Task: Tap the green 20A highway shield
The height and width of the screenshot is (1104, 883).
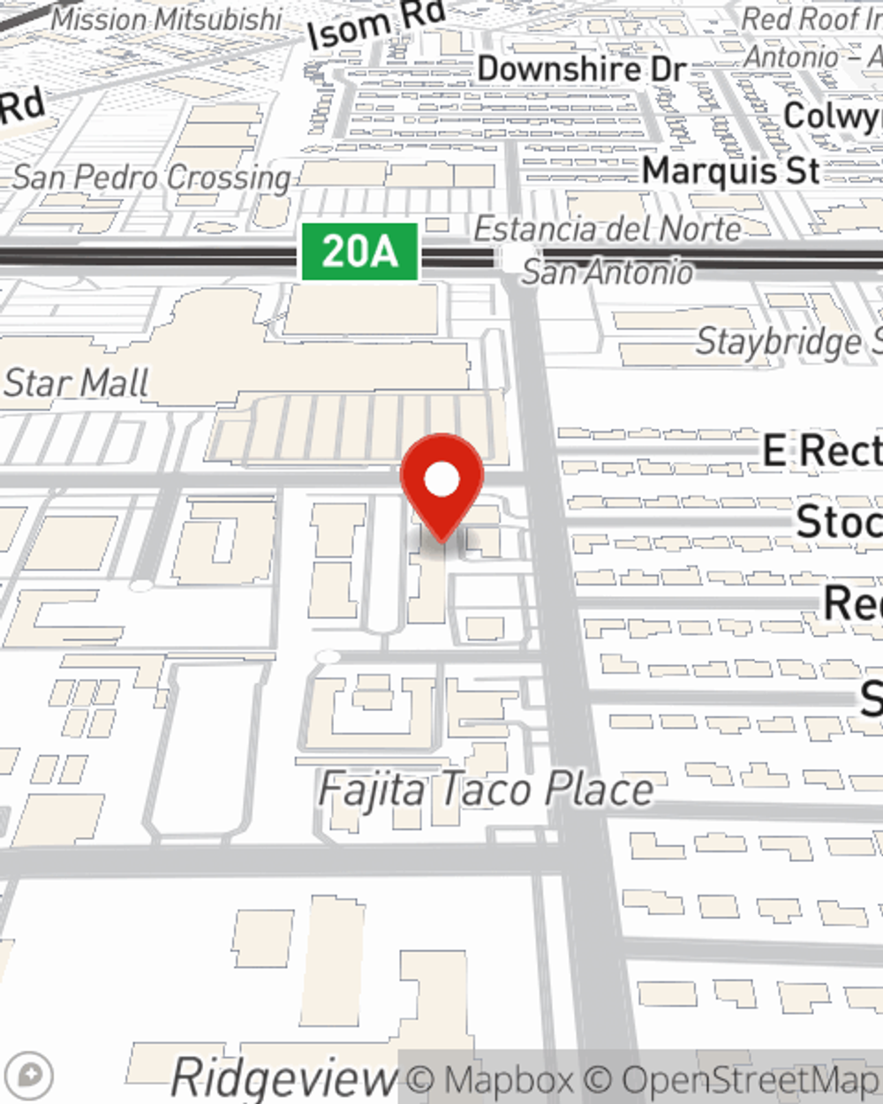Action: click(359, 253)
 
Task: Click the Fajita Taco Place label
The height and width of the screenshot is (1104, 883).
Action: click(486, 789)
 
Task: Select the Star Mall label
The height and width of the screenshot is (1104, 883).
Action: click(76, 383)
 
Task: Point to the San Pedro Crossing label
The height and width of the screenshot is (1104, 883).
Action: click(152, 178)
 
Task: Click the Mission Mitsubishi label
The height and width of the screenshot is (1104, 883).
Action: click(167, 19)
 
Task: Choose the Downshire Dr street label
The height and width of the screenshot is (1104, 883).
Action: click(582, 69)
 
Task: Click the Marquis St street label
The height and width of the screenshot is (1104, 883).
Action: click(731, 170)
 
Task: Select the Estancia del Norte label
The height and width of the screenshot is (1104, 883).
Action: click(608, 230)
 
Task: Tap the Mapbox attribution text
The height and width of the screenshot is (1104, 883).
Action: click(491, 1080)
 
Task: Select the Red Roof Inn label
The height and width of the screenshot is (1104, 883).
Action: click(811, 19)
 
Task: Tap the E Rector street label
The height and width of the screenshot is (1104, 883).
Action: click(821, 451)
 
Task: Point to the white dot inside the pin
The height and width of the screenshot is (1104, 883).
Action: click(441, 480)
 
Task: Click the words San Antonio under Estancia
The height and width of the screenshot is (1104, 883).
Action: click(608, 272)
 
